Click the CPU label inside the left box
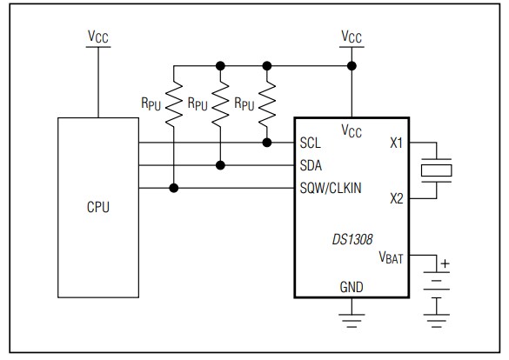(x=97, y=208)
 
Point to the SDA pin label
(x=312, y=164)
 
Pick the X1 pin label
(x=397, y=143)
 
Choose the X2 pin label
(x=397, y=198)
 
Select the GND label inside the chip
(x=352, y=287)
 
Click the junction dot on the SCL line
(x=266, y=142)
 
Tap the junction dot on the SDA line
(x=220, y=164)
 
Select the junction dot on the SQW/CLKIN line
(x=174, y=187)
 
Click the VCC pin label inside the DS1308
(x=352, y=130)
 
